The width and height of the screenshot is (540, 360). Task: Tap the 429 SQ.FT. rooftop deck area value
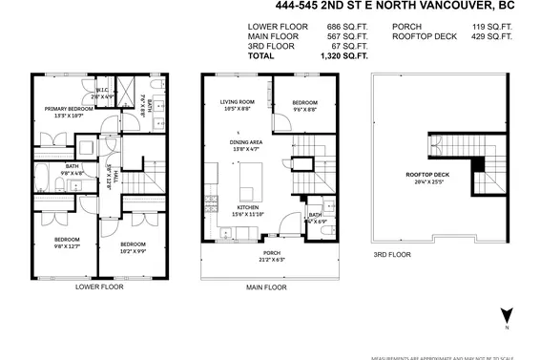pyautogui.click(x=493, y=36)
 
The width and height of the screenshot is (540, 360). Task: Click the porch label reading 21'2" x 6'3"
pyautogui.click(x=272, y=255)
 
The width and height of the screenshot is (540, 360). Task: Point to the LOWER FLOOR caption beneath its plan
pyautogui.click(x=98, y=286)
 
